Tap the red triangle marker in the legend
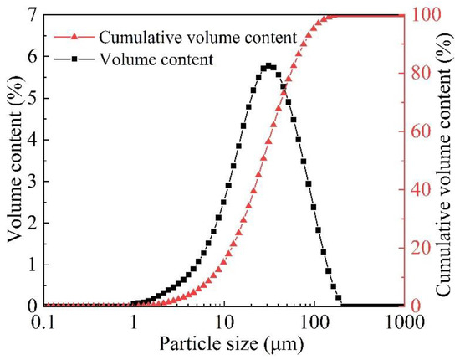(x=74, y=37)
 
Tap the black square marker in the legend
(x=74, y=59)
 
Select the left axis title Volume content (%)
(x=13, y=159)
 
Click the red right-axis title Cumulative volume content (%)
(x=447, y=159)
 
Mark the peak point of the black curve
(x=268, y=65)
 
